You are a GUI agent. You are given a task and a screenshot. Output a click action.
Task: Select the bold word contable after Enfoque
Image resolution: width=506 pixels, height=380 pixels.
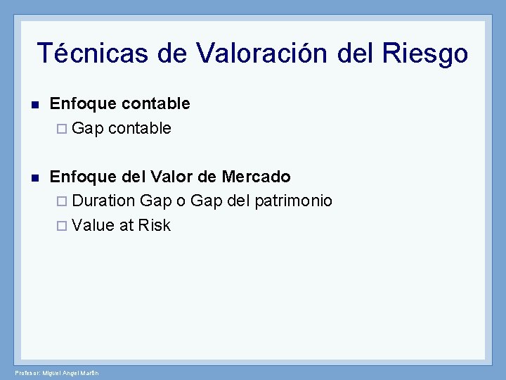click(x=155, y=103)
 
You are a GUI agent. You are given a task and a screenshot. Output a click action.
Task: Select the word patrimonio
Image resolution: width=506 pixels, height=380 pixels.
click(x=294, y=201)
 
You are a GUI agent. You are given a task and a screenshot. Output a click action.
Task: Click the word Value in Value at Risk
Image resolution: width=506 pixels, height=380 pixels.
click(x=93, y=225)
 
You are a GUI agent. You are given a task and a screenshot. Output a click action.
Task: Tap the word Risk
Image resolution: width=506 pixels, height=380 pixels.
click(x=155, y=225)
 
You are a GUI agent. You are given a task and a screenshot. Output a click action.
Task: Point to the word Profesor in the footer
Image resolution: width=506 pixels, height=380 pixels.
click(x=28, y=372)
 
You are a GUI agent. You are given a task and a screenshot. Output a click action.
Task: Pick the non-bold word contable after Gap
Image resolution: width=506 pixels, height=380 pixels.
click(x=140, y=128)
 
